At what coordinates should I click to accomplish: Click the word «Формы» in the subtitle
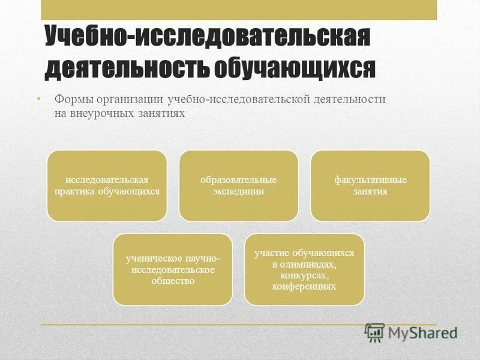74,99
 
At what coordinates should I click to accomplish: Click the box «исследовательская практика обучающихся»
107,185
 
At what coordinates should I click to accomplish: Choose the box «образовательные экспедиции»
238,185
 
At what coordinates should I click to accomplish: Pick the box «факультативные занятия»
370,185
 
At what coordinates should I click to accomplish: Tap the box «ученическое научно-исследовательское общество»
173,269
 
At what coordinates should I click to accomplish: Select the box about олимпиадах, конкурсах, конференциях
304,269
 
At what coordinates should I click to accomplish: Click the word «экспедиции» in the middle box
238,192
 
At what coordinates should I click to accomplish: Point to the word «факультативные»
370,179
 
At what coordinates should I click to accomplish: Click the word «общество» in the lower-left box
173,281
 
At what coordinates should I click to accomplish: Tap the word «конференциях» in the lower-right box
304,287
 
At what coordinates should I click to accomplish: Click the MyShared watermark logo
412,332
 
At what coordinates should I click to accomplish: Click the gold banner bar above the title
239,10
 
